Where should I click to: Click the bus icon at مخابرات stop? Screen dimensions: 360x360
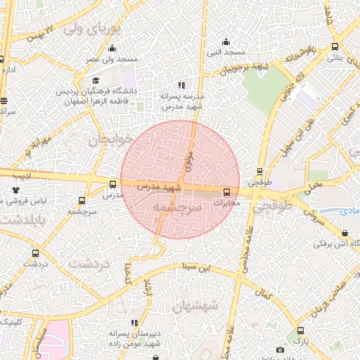point(226,192)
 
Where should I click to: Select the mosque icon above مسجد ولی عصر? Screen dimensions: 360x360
point(112,49)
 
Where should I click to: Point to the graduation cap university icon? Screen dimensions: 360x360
point(96,81)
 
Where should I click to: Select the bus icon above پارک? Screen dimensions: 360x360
point(300,330)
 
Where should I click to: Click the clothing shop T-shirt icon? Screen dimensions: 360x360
point(16,189)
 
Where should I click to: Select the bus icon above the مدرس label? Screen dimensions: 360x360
point(112,184)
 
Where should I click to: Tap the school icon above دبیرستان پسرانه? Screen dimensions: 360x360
point(134,323)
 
